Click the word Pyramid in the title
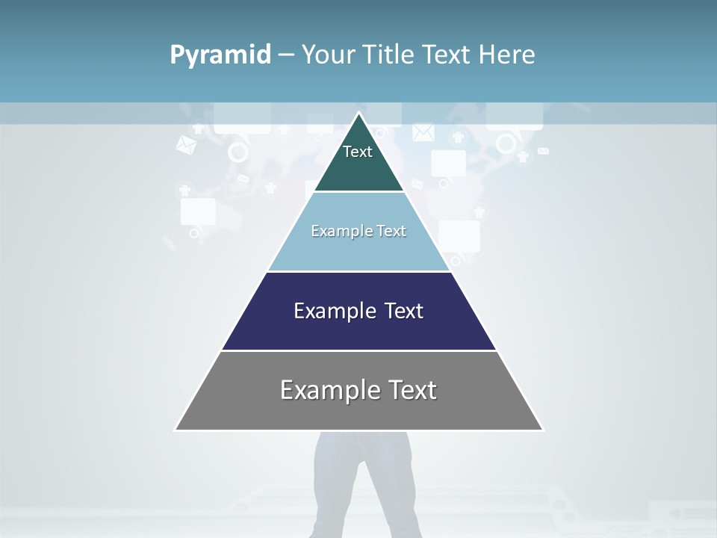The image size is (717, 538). click(x=220, y=55)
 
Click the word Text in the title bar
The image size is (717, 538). click(x=449, y=55)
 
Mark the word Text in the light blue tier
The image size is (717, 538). click(x=391, y=231)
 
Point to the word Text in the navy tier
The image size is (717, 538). click(x=404, y=311)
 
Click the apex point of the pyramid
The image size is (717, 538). click(x=359, y=114)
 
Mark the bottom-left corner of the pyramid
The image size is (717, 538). click(x=176, y=430)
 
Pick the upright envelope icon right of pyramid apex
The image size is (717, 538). click(x=423, y=133)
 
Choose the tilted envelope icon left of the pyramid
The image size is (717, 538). click(x=186, y=145)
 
